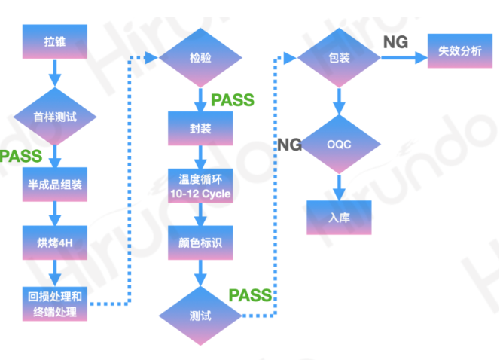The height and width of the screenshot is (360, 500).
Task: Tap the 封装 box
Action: point(200,127)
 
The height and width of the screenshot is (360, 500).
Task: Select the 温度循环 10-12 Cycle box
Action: point(200,186)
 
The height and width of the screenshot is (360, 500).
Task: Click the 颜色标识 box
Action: point(200,244)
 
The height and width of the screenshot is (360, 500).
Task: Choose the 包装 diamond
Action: point(339,57)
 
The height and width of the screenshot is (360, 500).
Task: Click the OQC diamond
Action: point(339,143)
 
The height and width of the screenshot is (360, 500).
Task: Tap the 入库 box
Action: point(339,217)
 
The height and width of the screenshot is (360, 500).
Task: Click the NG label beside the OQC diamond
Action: point(290,145)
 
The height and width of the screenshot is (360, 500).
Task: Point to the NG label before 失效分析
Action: point(395,42)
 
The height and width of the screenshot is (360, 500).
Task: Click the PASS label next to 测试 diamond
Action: point(249,294)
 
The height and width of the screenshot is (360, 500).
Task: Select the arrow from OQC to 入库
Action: point(339,185)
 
